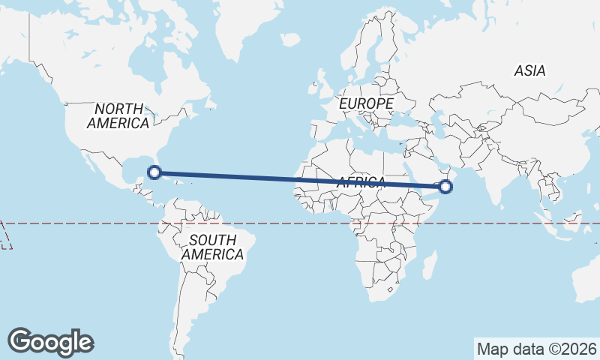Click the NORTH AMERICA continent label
pos(118,115)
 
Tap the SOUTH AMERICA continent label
pos(212,247)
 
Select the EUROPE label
pos(366,103)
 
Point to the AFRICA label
pos(361,182)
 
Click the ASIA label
pos(529,71)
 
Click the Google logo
pos(51,342)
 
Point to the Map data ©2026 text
pos(537,349)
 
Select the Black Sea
pos(401,119)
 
